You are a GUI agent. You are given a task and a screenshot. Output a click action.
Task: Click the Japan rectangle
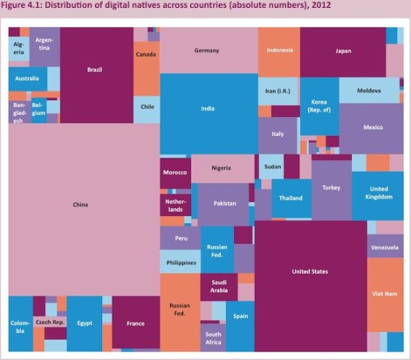tap(343, 51)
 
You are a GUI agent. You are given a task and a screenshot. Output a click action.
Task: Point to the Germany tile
tap(208, 51)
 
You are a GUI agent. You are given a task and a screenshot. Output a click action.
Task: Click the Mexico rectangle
tap(372, 128)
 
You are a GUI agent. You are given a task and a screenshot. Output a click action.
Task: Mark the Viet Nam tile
tap(384, 292)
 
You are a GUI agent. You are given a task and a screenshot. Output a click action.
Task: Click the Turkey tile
tap(331, 189)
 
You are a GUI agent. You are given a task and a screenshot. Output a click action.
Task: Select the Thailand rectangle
tap(291, 199)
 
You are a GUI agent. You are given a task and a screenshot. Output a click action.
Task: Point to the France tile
tap(136, 323)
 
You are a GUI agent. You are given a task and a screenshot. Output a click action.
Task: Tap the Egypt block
tap(84, 323)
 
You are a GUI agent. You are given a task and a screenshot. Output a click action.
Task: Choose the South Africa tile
tap(213, 338)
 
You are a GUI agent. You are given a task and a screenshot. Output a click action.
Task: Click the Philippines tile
tap(182, 262)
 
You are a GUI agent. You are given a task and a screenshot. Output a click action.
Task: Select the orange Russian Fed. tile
tap(179, 310)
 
